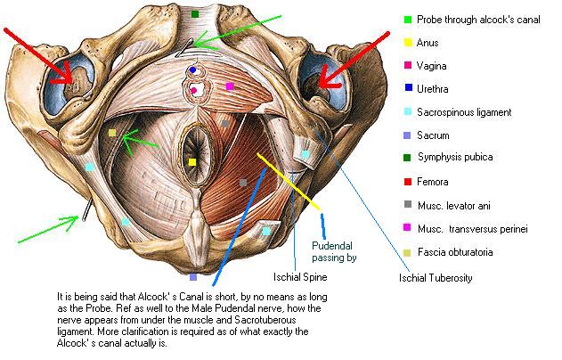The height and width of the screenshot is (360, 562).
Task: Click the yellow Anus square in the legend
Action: [408, 42]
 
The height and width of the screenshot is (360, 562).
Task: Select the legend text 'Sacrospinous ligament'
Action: [464, 112]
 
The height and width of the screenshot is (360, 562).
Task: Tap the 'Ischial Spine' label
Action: [300, 277]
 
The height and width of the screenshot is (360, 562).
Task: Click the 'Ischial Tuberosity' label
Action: [436, 277]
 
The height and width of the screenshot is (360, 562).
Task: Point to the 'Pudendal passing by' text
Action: [334, 251]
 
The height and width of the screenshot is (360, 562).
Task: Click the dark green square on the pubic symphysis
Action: [195, 14]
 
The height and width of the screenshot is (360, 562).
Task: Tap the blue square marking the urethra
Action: [193, 70]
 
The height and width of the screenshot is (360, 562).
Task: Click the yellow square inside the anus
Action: [192, 162]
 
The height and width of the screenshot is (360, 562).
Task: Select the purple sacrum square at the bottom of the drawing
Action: [193, 277]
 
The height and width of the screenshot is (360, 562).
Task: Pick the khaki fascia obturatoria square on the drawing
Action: [112, 133]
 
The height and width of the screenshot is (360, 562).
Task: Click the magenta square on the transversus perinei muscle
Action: [230, 86]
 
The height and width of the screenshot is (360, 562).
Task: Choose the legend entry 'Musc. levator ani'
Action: [453, 206]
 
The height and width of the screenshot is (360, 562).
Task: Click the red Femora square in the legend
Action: [408, 182]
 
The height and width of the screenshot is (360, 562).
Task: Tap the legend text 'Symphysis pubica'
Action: [455, 157]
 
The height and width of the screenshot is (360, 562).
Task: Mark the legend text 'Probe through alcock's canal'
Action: [478, 20]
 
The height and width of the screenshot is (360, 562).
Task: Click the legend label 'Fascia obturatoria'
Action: [455, 252]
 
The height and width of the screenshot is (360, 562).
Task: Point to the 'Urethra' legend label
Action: [433, 89]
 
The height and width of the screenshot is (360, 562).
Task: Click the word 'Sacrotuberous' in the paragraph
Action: [265, 320]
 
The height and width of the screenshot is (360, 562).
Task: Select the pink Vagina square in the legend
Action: [408, 65]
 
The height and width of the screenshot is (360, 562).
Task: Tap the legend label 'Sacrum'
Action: [433, 135]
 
